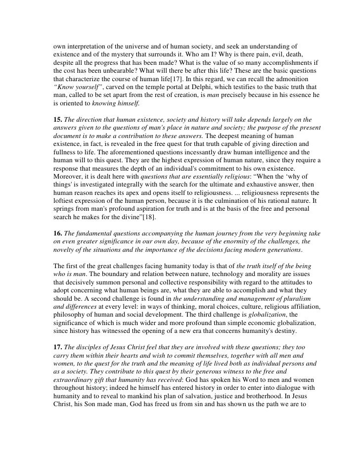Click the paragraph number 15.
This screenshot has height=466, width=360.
point(57,119)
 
